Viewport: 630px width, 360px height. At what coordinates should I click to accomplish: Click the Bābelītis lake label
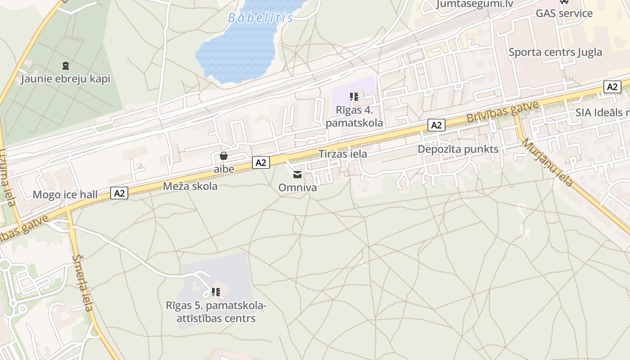point(260,18)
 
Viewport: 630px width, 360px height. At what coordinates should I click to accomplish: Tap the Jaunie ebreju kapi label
point(66,79)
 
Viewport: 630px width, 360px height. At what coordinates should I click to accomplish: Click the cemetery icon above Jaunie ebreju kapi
point(66,66)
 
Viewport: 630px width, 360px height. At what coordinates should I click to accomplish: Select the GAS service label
point(564,13)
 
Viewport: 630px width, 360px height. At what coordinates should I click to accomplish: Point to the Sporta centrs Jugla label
point(555,52)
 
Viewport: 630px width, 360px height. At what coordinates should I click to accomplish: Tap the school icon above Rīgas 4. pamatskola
point(354,96)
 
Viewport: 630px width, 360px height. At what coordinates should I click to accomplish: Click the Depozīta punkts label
point(458,149)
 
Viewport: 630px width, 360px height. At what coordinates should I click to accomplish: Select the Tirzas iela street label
point(342,154)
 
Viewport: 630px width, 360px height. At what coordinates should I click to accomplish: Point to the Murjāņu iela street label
point(547,162)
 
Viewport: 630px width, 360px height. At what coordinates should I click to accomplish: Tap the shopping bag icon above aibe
point(224,156)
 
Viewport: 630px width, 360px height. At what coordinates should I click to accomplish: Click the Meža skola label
point(190,186)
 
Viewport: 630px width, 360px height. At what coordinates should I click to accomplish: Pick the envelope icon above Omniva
point(297,175)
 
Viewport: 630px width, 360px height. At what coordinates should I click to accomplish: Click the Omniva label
point(297,187)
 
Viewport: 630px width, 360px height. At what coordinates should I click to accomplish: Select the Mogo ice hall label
point(65,195)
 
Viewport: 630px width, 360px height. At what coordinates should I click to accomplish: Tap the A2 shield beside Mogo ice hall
point(119,193)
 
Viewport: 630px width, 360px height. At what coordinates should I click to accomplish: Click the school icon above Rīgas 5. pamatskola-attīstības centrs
point(216,292)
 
